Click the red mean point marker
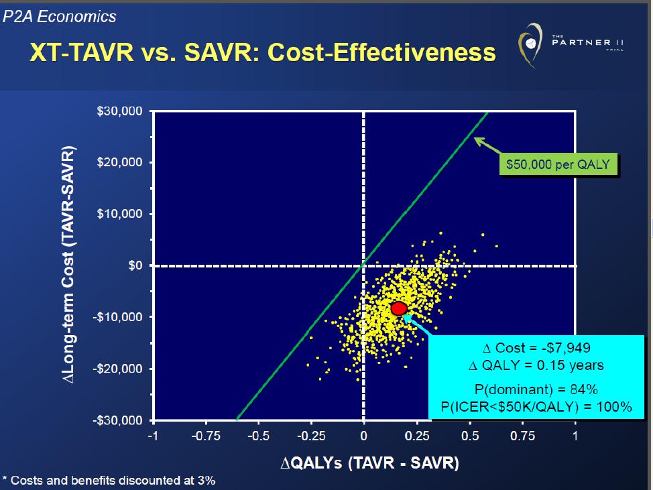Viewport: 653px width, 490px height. point(398,308)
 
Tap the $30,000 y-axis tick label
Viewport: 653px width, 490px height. point(119,111)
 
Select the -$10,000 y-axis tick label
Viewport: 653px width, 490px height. point(117,317)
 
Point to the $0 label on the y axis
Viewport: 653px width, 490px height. point(135,265)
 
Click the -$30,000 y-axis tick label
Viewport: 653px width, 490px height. point(117,420)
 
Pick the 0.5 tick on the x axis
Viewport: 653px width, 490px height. point(470,436)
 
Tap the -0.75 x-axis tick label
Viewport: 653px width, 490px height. point(206,436)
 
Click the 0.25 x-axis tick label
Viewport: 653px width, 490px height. point(417,436)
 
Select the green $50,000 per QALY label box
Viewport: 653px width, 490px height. point(558,164)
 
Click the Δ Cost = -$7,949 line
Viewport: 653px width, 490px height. point(536,348)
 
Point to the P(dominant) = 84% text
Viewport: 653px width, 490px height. point(536,389)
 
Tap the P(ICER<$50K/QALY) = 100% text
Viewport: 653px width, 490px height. point(536,406)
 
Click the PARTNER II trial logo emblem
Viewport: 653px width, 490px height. point(530,45)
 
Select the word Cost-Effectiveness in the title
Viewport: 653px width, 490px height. point(381,52)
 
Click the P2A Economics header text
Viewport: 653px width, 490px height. point(60,17)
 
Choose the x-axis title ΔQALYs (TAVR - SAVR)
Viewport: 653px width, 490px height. point(370,463)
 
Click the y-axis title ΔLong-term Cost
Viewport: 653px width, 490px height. point(68,265)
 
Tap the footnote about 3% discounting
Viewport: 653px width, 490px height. point(109,481)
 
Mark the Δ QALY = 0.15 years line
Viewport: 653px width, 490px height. point(536,365)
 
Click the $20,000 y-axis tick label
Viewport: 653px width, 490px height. point(119,162)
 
